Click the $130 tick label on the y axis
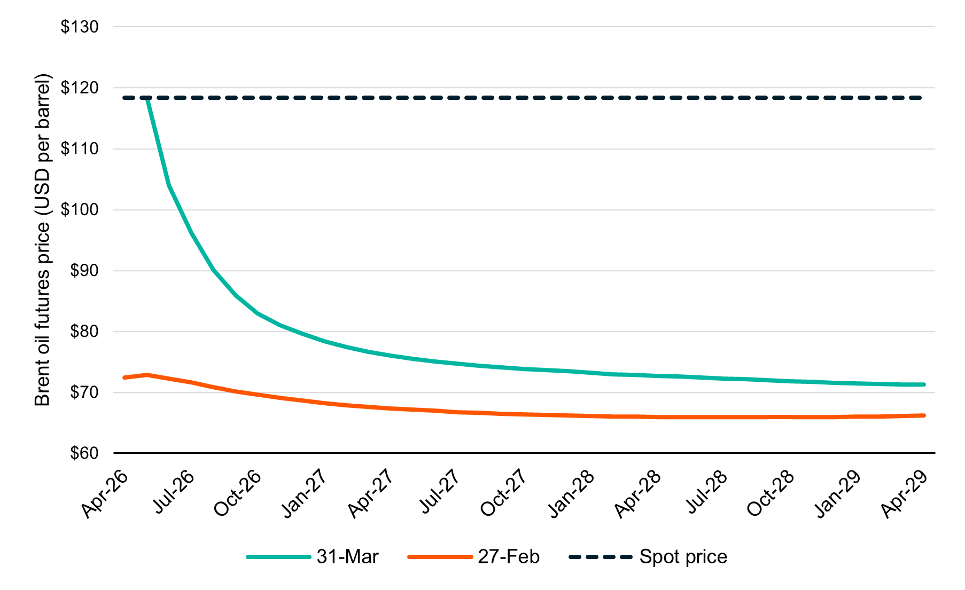pos(80,27)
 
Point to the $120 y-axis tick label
pos(80,88)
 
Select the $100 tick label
pos(80,210)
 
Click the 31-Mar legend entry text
pos(347,557)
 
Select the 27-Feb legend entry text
pos(509,557)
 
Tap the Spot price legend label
pos(683,557)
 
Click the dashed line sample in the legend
pos(600,557)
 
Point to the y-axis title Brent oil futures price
pos(42,240)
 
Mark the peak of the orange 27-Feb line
pos(147,375)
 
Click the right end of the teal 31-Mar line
pos(924,384)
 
